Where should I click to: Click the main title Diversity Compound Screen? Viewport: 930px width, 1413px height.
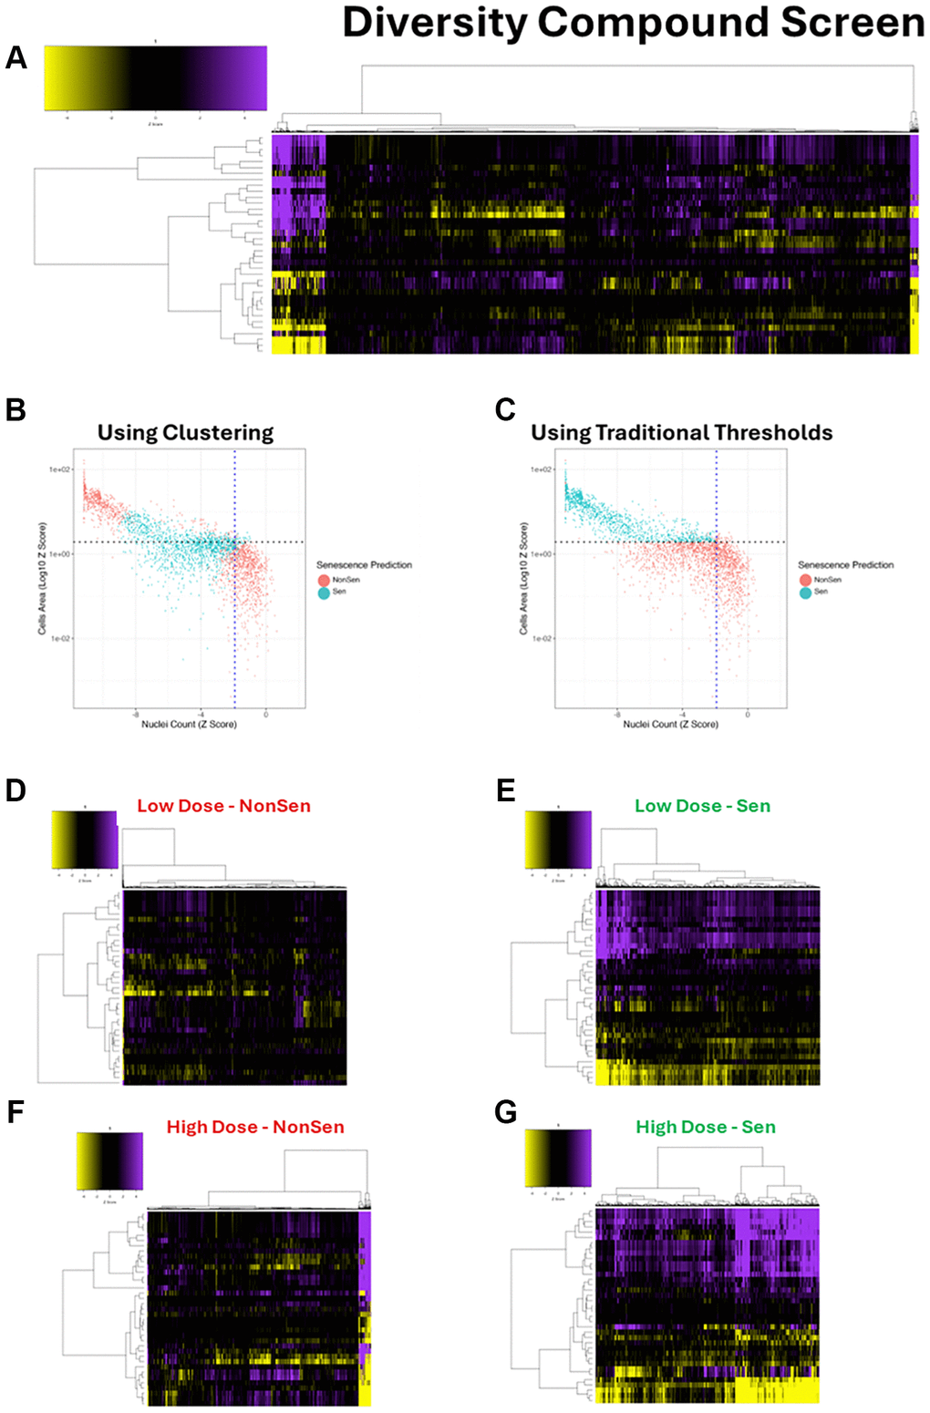633,23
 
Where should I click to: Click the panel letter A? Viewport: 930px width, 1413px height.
16,58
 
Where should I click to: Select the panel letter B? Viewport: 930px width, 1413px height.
15,410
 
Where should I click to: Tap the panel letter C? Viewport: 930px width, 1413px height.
505,410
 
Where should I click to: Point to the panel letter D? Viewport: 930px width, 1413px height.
15,789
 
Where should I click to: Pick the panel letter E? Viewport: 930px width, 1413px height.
506,789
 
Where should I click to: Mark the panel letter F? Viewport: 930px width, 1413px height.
15,1112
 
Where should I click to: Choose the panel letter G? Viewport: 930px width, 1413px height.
506,1112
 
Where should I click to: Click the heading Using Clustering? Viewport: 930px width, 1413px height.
185,433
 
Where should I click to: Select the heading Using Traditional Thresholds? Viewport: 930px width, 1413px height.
682,433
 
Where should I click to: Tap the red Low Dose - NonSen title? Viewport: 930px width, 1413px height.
223,806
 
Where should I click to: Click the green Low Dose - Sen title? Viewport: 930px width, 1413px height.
702,806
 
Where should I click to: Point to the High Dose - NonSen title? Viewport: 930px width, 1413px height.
255,1127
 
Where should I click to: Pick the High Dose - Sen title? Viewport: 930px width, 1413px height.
706,1127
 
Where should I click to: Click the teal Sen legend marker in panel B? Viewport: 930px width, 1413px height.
324,593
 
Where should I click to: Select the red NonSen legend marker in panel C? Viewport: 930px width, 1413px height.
805,580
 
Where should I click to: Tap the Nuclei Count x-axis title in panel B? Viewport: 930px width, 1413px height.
189,724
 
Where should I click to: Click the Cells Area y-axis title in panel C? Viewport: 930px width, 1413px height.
523,579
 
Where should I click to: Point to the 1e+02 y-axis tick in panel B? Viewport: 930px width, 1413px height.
59,469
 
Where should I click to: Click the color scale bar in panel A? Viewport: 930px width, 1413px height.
155,78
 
